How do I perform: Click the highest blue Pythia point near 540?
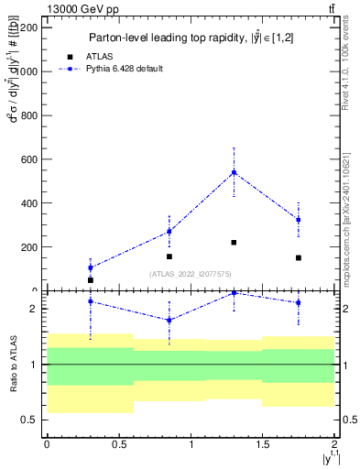(234, 172)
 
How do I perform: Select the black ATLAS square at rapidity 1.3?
(234, 243)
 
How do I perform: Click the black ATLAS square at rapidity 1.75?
(299, 258)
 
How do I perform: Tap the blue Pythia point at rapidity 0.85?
(169, 231)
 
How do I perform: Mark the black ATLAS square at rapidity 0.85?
(169, 256)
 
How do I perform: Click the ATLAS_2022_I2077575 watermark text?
(191, 274)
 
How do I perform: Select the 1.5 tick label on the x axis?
(263, 444)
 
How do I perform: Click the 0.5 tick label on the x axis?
(118, 444)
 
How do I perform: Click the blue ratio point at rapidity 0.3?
(90, 301)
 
